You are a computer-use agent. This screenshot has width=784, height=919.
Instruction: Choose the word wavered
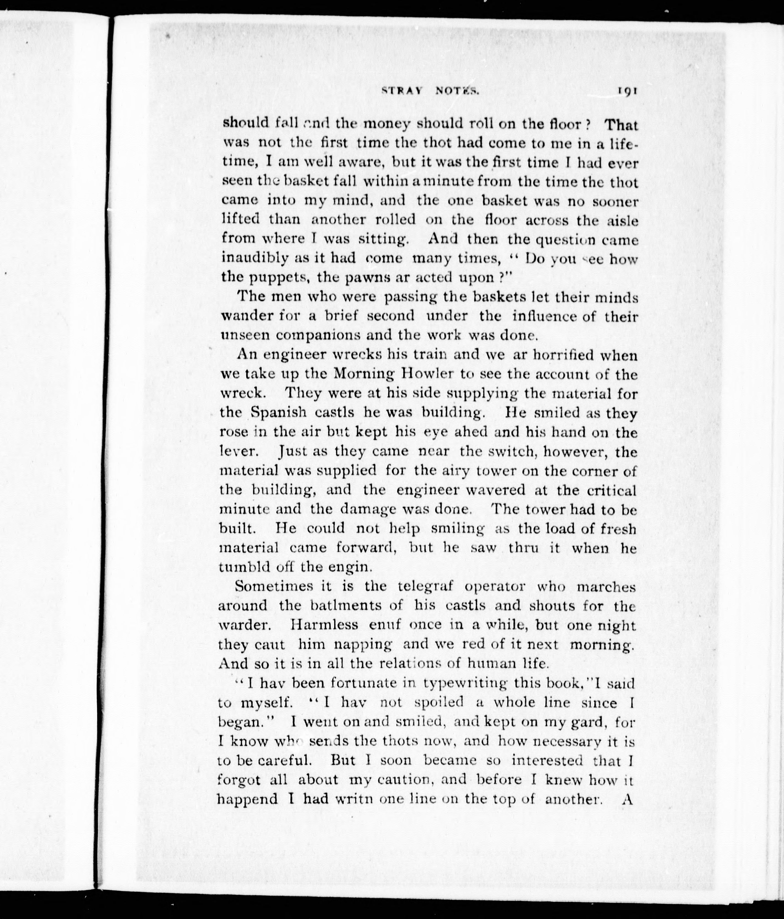coord(497,490)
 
